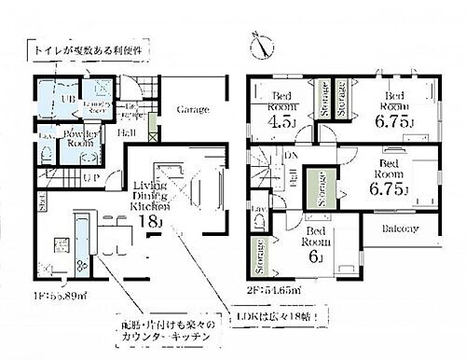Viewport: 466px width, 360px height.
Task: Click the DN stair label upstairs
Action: (292, 157)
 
